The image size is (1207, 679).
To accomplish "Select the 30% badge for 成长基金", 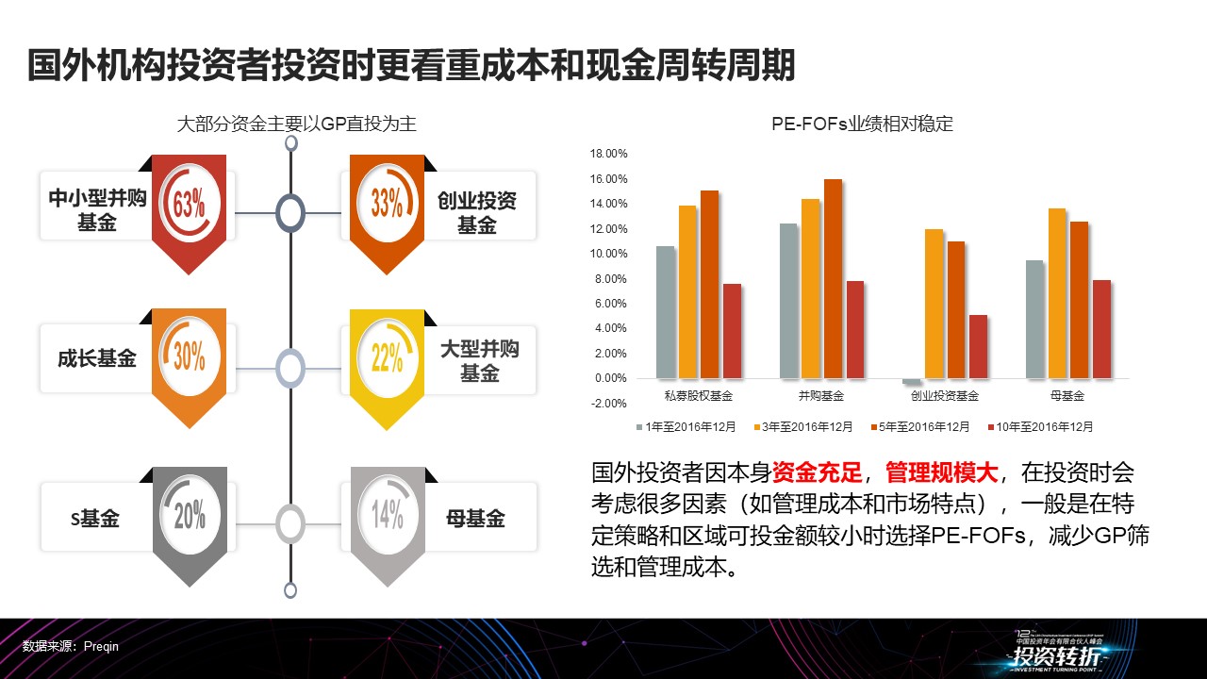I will point(190,356).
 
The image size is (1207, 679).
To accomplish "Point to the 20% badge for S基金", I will point(190,515).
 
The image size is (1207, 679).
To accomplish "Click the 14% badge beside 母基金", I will point(387,515).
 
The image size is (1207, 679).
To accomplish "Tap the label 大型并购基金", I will point(479,360).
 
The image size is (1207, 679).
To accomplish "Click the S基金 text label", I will point(96,518).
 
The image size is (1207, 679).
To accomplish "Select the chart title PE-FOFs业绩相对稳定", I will point(862,124).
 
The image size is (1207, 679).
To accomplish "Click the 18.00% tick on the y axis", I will point(608,154).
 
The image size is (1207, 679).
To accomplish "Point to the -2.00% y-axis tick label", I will point(608,403).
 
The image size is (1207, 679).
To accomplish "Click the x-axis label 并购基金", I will point(821,396).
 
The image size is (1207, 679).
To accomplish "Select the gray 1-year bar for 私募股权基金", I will point(666,311).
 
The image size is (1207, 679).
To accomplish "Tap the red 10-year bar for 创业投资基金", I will point(978,346).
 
